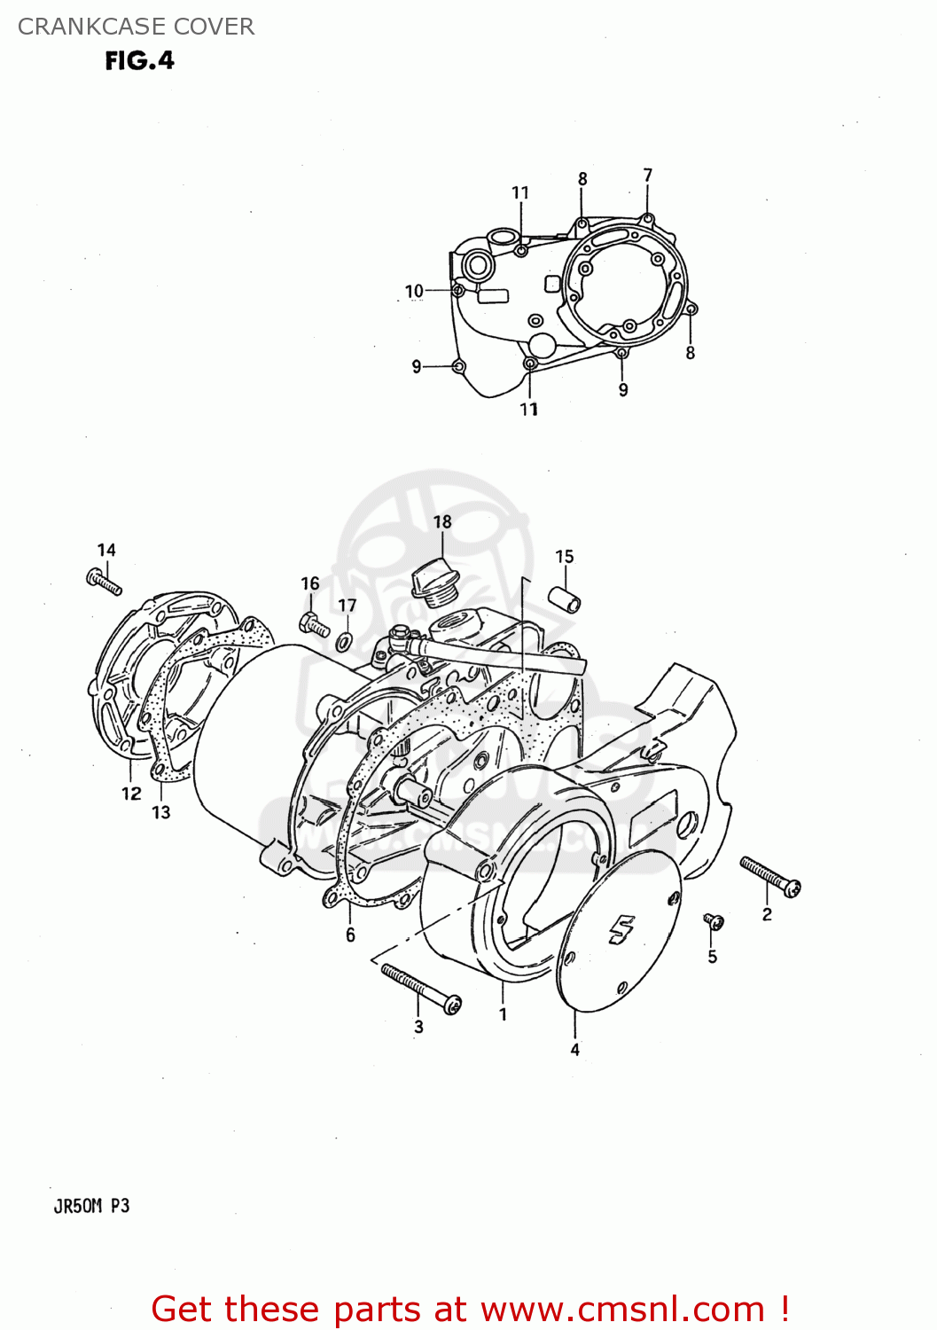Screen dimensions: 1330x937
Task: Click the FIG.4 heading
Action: pos(139,60)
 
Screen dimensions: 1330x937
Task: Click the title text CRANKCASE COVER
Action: pos(136,27)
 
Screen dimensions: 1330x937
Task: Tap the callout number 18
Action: pos(442,522)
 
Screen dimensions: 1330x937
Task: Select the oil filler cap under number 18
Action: pos(434,582)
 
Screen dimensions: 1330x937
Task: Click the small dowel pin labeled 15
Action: pos(564,598)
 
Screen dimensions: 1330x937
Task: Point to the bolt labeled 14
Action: pos(104,582)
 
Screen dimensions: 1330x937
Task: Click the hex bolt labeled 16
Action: pos(314,624)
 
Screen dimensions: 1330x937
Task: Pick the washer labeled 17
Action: pos(345,639)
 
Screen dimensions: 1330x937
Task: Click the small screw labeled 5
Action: pos(714,922)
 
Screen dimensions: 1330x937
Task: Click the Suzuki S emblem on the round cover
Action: pos(621,930)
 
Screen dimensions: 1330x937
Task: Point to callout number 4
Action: pos(574,1050)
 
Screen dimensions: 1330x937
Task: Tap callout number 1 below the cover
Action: pos(503,1014)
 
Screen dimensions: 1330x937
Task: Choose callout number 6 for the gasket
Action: pos(350,935)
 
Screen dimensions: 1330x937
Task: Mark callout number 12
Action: pos(131,793)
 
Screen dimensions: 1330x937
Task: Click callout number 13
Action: pos(160,812)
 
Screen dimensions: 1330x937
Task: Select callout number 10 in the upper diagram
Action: pos(414,291)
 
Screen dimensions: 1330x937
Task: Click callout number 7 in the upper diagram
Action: pos(648,176)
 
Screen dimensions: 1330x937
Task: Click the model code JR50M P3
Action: pos(91,1206)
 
